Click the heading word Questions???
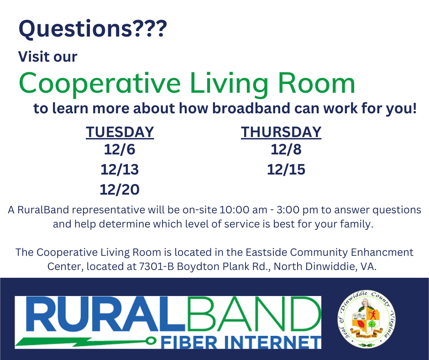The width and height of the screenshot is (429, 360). click(x=93, y=30)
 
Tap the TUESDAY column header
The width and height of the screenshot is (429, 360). click(x=120, y=132)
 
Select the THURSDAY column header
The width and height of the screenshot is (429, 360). click(x=281, y=132)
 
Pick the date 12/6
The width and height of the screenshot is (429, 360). click(x=120, y=149)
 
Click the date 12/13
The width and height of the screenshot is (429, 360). click(x=120, y=169)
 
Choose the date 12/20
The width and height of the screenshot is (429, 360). click(x=120, y=189)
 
